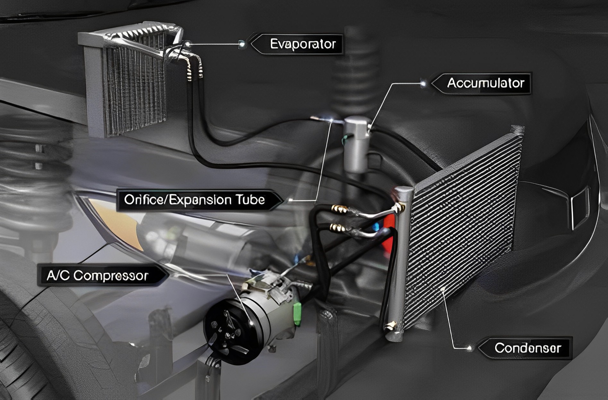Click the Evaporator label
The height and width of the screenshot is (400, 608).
pyautogui.click(x=302, y=44)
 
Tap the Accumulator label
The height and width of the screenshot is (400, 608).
pyautogui.click(x=485, y=83)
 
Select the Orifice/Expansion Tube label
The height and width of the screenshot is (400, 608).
pyautogui.click(x=194, y=200)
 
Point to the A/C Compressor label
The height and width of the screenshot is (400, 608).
pyautogui.click(x=97, y=275)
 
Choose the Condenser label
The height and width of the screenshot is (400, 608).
pyautogui.click(x=528, y=348)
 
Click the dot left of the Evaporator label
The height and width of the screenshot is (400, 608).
pyautogui.click(x=242, y=44)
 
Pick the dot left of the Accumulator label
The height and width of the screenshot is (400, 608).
pyautogui.click(x=424, y=83)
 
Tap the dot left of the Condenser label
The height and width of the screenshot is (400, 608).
pyautogui.click(x=470, y=348)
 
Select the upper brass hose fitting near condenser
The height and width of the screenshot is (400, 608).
pyautogui.click(x=339, y=209)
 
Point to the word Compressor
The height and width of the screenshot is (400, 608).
pyautogui.click(x=111, y=276)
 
